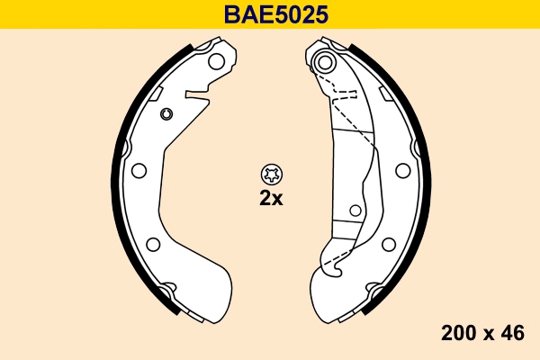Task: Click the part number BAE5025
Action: [x=270, y=14]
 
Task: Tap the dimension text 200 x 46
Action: [x=482, y=333]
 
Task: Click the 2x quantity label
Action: [x=270, y=199]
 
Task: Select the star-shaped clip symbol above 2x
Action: [x=270, y=174]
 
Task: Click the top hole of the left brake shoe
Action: [x=216, y=62]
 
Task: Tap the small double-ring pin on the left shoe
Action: [x=166, y=113]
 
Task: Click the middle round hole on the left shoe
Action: [x=139, y=171]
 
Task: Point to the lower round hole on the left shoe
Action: [x=152, y=244]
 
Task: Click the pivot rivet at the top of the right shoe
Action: [x=325, y=63]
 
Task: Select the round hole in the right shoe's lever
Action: [x=355, y=211]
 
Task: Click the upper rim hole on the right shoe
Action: [x=401, y=168]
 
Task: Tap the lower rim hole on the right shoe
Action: [x=388, y=243]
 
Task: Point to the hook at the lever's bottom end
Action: [x=331, y=264]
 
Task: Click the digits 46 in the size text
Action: [x=513, y=333]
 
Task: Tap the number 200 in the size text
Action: [x=457, y=333]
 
